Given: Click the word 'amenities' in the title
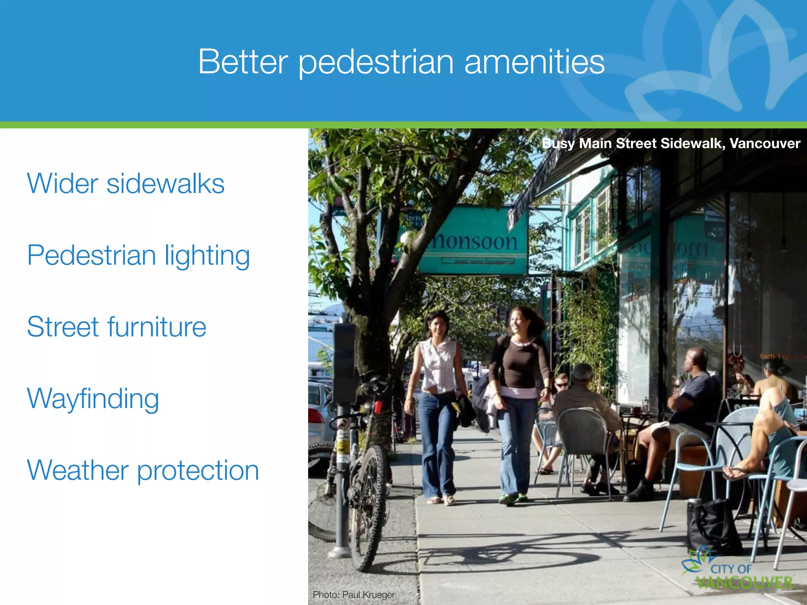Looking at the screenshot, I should (x=534, y=62).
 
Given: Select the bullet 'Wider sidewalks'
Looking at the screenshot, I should (x=125, y=184).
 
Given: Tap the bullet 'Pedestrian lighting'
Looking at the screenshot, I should (x=138, y=256).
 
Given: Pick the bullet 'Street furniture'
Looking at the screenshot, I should (x=116, y=327).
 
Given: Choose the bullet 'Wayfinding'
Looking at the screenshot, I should (x=93, y=399).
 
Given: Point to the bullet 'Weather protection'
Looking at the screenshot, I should (x=143, y=470).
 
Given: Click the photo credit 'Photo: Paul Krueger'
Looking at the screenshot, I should (x=353, y=594).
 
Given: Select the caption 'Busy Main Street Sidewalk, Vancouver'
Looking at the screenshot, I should (x=671, y=143).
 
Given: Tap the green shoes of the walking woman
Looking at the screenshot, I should (x=513, y=499).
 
